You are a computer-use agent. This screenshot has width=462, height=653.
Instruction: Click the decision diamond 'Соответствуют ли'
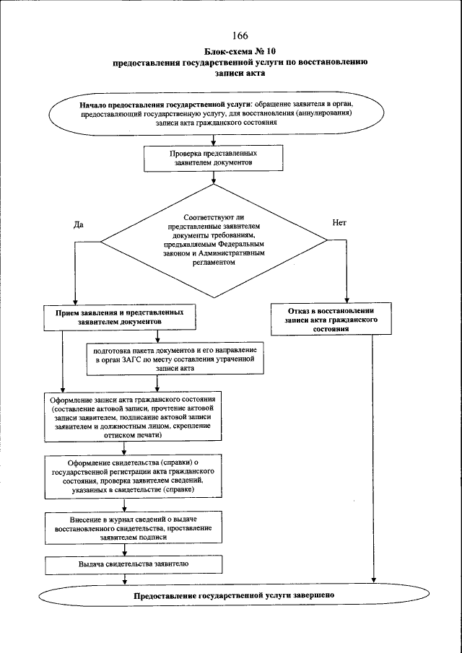point(214,241)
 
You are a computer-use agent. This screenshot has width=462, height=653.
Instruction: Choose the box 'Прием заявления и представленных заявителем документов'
point(121,317)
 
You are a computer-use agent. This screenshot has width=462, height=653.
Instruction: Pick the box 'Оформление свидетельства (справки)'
point(131,475)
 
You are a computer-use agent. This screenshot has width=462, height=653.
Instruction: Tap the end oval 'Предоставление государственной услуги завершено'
point(233,597)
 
